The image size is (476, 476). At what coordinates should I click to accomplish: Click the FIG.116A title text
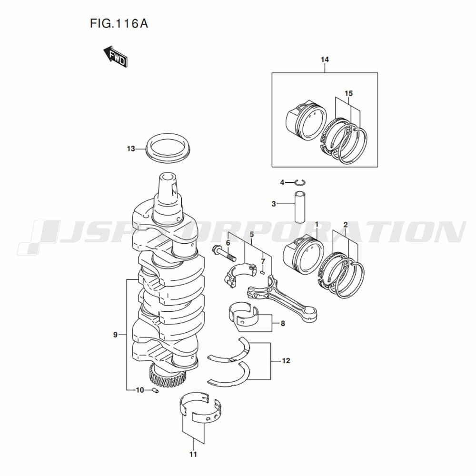coord(119,23)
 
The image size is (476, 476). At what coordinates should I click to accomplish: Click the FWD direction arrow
coord(115,57)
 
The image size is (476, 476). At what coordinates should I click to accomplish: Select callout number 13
coord(131,149)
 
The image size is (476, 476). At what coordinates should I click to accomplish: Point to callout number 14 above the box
coord(325,59)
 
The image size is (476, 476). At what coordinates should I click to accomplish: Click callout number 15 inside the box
coord(349,93)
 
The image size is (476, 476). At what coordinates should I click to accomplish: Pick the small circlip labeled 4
coord(300,182)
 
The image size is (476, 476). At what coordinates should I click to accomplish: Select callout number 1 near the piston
coord(317,224)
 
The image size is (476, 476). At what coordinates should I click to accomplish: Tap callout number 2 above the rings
coord(346,225)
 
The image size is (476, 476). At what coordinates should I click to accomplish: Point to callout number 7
coord(263,261)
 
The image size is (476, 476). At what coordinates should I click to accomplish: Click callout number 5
coord(252,234)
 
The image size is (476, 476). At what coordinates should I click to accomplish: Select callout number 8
coord(283,324)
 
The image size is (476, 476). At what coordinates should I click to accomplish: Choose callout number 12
coord(286,361)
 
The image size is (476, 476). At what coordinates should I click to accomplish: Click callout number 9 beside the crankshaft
coord(115,335)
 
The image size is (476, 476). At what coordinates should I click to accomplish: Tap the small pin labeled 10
coord(155,390)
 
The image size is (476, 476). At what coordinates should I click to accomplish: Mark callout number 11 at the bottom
coord(193,454)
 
